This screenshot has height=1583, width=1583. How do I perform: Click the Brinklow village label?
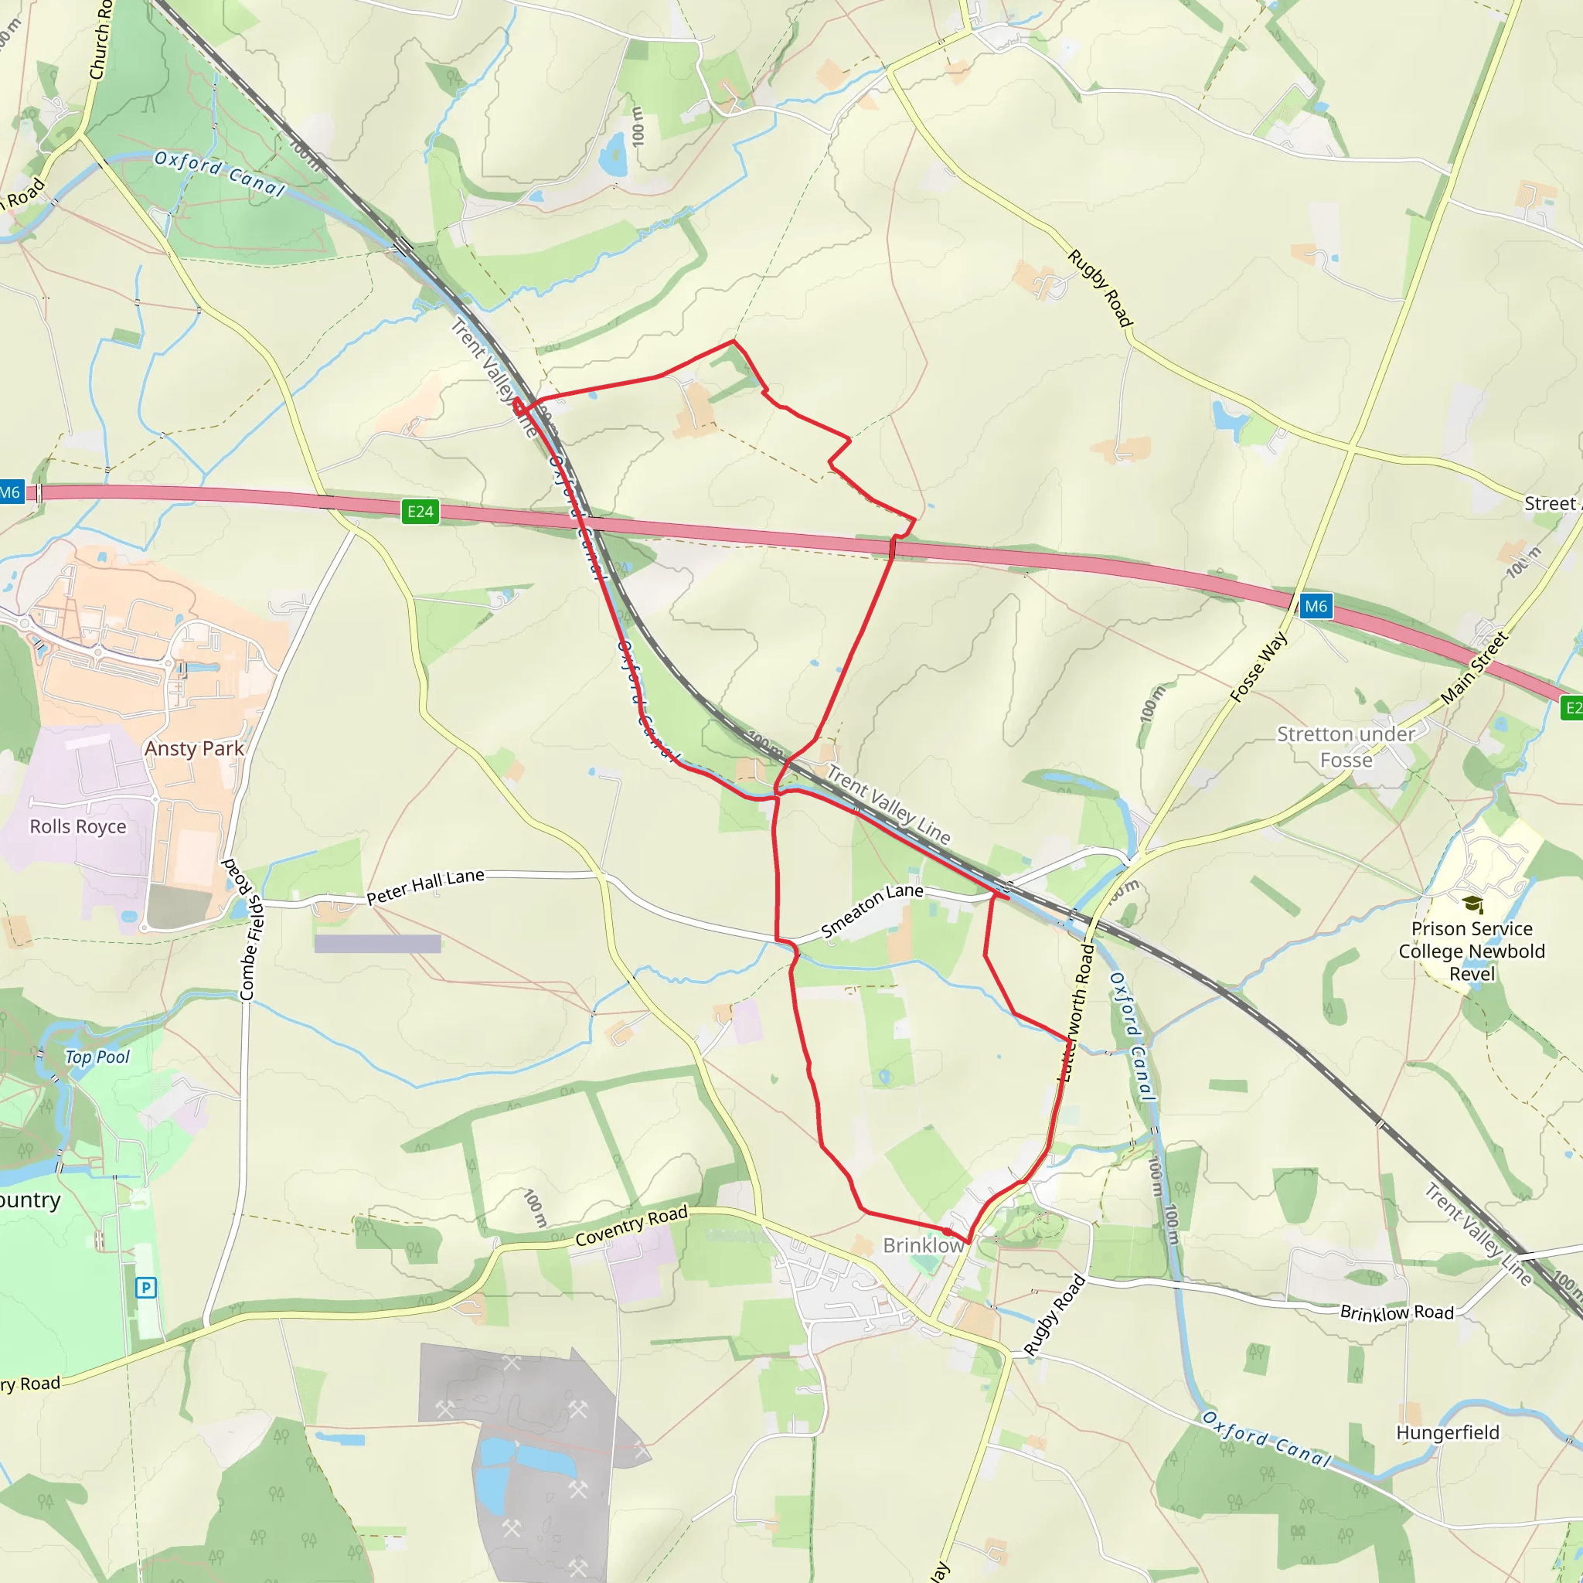tap(923, 1245)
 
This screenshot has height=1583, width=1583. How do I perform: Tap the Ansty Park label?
tap(194, 748)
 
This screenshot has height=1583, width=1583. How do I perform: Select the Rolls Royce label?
tap(78, 827)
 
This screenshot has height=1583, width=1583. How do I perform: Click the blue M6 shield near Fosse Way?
tap(1315, 606)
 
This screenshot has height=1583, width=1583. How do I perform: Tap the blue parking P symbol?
tap(146, 1288)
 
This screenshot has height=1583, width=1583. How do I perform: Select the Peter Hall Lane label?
tap(425, 887)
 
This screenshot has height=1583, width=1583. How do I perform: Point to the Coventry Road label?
tap(631, 1227)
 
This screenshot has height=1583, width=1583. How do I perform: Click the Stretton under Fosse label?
tap(1346, 747)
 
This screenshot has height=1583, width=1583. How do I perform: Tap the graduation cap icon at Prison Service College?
tap(1472, 904)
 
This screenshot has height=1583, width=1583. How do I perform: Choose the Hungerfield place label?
tap(1448, 1432)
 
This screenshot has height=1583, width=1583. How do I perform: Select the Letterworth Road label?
tap(1077, 1013)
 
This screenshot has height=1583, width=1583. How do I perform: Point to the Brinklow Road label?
tap(1397, 1312)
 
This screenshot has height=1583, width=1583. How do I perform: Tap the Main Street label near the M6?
tap(1474, 667)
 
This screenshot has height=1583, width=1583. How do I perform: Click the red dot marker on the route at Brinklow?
tap(947, 1231)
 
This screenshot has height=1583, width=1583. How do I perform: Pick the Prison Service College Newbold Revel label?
tap(1472, 952)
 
